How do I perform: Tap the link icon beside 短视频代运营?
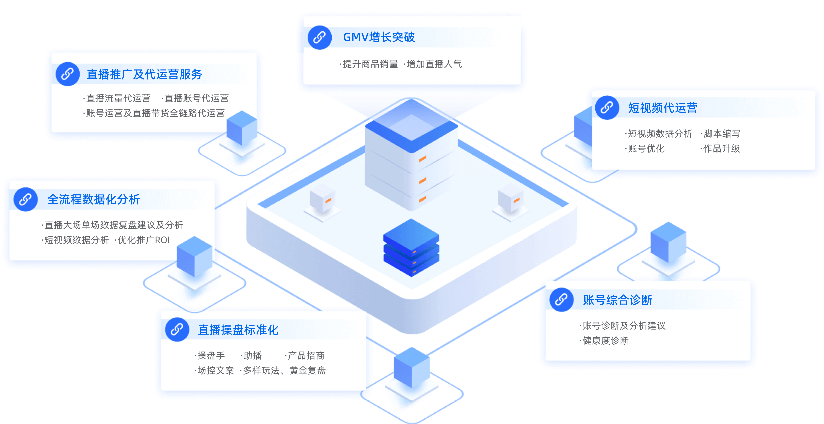pos(607,108)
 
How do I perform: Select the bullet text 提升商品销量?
pos(370,64)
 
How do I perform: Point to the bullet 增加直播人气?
pos(434,64)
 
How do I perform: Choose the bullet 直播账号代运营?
pos(196,98)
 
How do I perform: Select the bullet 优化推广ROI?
pos(144,240)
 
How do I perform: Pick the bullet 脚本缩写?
pos(722,133)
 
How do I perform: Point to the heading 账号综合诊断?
pos(617,300)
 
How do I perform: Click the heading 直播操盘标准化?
pos(238,330)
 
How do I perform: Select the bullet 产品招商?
pos(306,356)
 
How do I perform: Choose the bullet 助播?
pos(252,356)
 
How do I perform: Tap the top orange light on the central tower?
pos(423,158)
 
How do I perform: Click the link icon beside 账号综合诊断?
pos(561,300)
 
